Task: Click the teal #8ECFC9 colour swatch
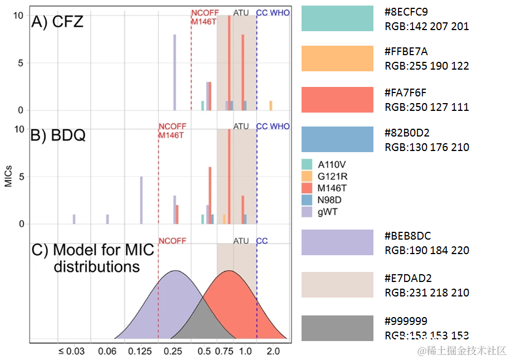pos(337,18)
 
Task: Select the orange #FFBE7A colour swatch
pos(337,59)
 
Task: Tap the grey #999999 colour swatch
pos(337,328)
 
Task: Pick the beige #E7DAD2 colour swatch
pos(337,285)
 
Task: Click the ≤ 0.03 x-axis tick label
pos(71,351)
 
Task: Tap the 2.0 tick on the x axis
pos(273,351)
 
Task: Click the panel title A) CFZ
pos(57,22)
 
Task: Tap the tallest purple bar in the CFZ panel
pos(174,72)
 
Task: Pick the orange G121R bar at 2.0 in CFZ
pos(271,106)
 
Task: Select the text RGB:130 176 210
pos(426,147)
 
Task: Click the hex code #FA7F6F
pos(406,93)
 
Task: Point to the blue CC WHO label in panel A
pos(273,12)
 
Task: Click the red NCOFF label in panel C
pos(172,241)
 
